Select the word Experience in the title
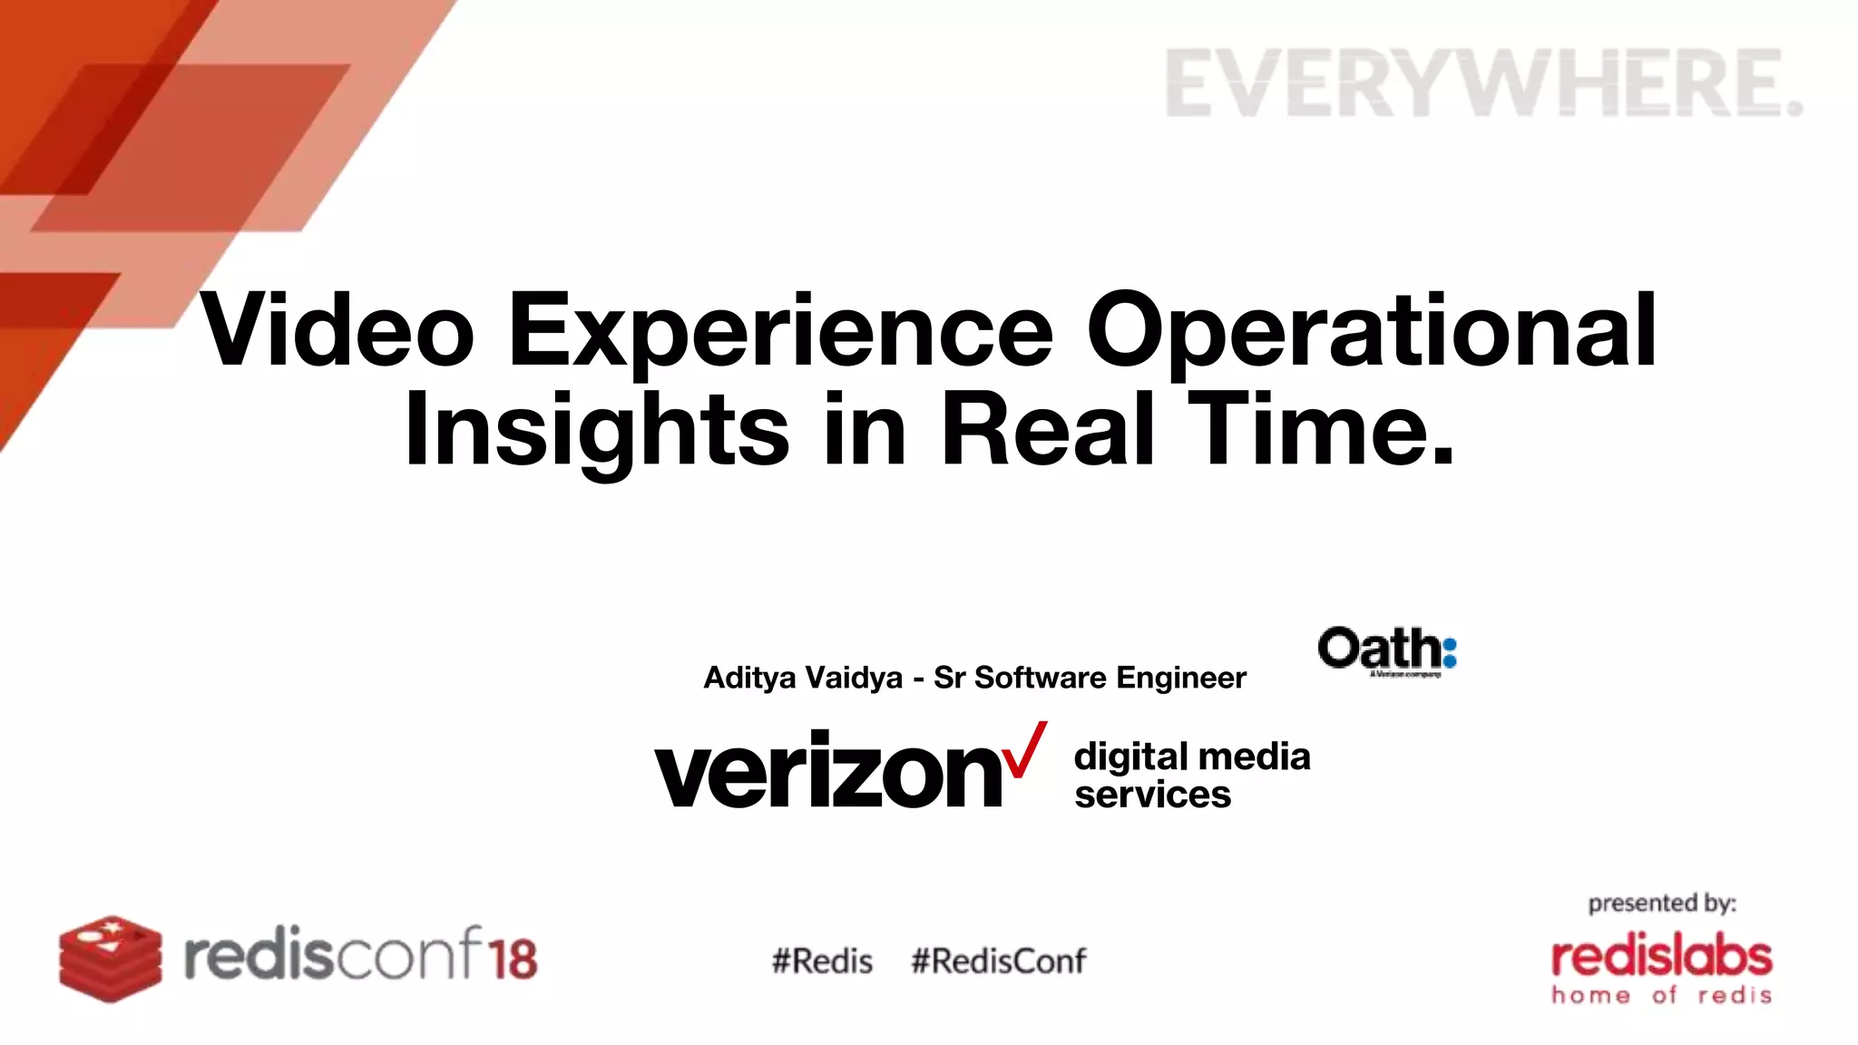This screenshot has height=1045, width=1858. (780, 332)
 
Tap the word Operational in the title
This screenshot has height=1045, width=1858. (1372, 332)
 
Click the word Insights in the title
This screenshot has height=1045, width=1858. (597, 430)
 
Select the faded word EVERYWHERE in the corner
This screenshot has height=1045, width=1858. (1482, 83)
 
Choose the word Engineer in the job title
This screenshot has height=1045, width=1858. (1180, 678)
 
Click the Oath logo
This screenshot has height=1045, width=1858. (1386, 650)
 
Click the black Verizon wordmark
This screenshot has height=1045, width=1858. (827, 771)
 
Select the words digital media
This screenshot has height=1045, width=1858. (1191, 756)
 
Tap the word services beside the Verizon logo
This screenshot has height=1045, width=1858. (1152, 795)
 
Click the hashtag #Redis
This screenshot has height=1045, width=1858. (822, 961)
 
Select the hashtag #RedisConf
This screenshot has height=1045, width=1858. (998, 961)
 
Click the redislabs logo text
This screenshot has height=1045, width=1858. (1661, 957)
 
